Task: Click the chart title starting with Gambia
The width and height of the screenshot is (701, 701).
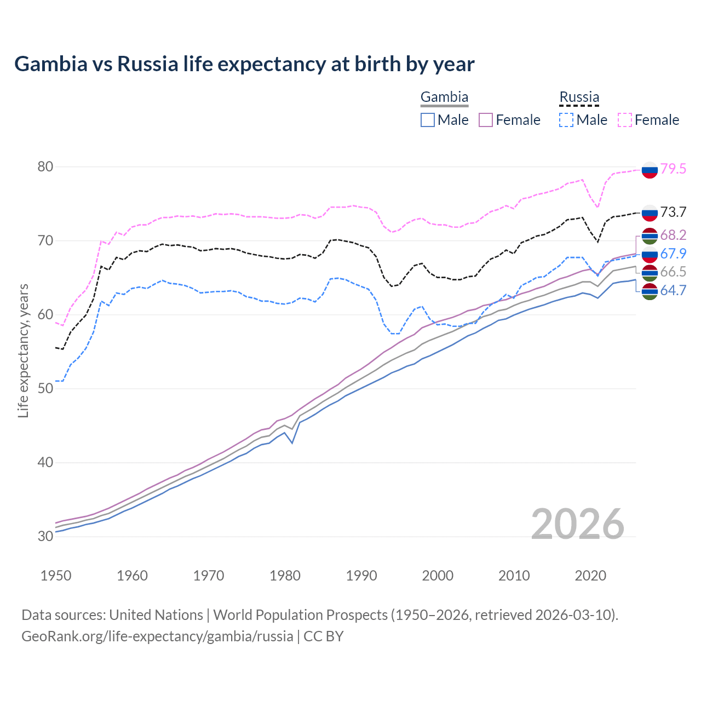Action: click(244, 64)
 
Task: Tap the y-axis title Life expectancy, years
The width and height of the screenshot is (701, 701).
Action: click(23, 350)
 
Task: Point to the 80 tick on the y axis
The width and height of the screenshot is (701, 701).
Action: click(45, 166)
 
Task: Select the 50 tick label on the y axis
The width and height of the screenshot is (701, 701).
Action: click(45, 388)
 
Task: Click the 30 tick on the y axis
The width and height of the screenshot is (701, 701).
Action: click(45, 536)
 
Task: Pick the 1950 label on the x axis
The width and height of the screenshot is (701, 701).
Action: click(56, 576)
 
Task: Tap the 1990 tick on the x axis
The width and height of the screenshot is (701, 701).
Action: click(361, 576)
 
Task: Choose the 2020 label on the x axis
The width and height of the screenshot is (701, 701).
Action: click(590, 576)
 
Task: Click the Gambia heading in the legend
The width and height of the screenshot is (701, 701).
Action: click(444, 97)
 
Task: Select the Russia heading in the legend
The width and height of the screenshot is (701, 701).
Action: click(579, 97)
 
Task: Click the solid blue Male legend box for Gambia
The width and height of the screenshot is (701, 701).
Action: click(428, 120)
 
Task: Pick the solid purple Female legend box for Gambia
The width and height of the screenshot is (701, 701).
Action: click(486, 120)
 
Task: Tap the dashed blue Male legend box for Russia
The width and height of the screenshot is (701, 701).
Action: click(566, 120)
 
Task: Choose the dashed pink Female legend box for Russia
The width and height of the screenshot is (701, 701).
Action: click(625, 120)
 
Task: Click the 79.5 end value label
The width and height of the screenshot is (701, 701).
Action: click(673, 169)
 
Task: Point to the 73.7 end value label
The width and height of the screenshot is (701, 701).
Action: click(673, 212)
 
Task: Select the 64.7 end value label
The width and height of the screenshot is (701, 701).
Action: click(673, 290)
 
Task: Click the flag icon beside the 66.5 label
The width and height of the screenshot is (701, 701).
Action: click(650, 272)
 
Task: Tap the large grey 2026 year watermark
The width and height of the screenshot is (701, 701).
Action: click(578, 524)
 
